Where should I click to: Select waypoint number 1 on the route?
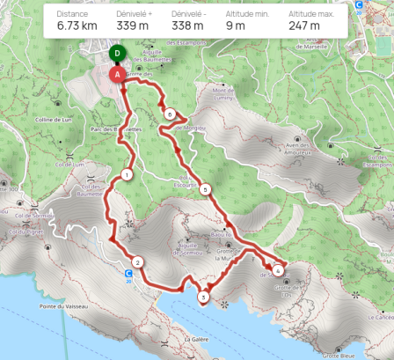click(128, 175)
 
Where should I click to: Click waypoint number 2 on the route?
click(138, 261)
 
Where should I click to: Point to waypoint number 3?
click(204, 298)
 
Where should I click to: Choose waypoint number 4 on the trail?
click(278, 270)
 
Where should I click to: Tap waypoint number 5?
click(205, 189)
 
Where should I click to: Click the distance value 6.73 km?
click(77, 26)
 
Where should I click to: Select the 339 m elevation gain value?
click(133, 26)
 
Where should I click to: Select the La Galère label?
click(195, 338)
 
